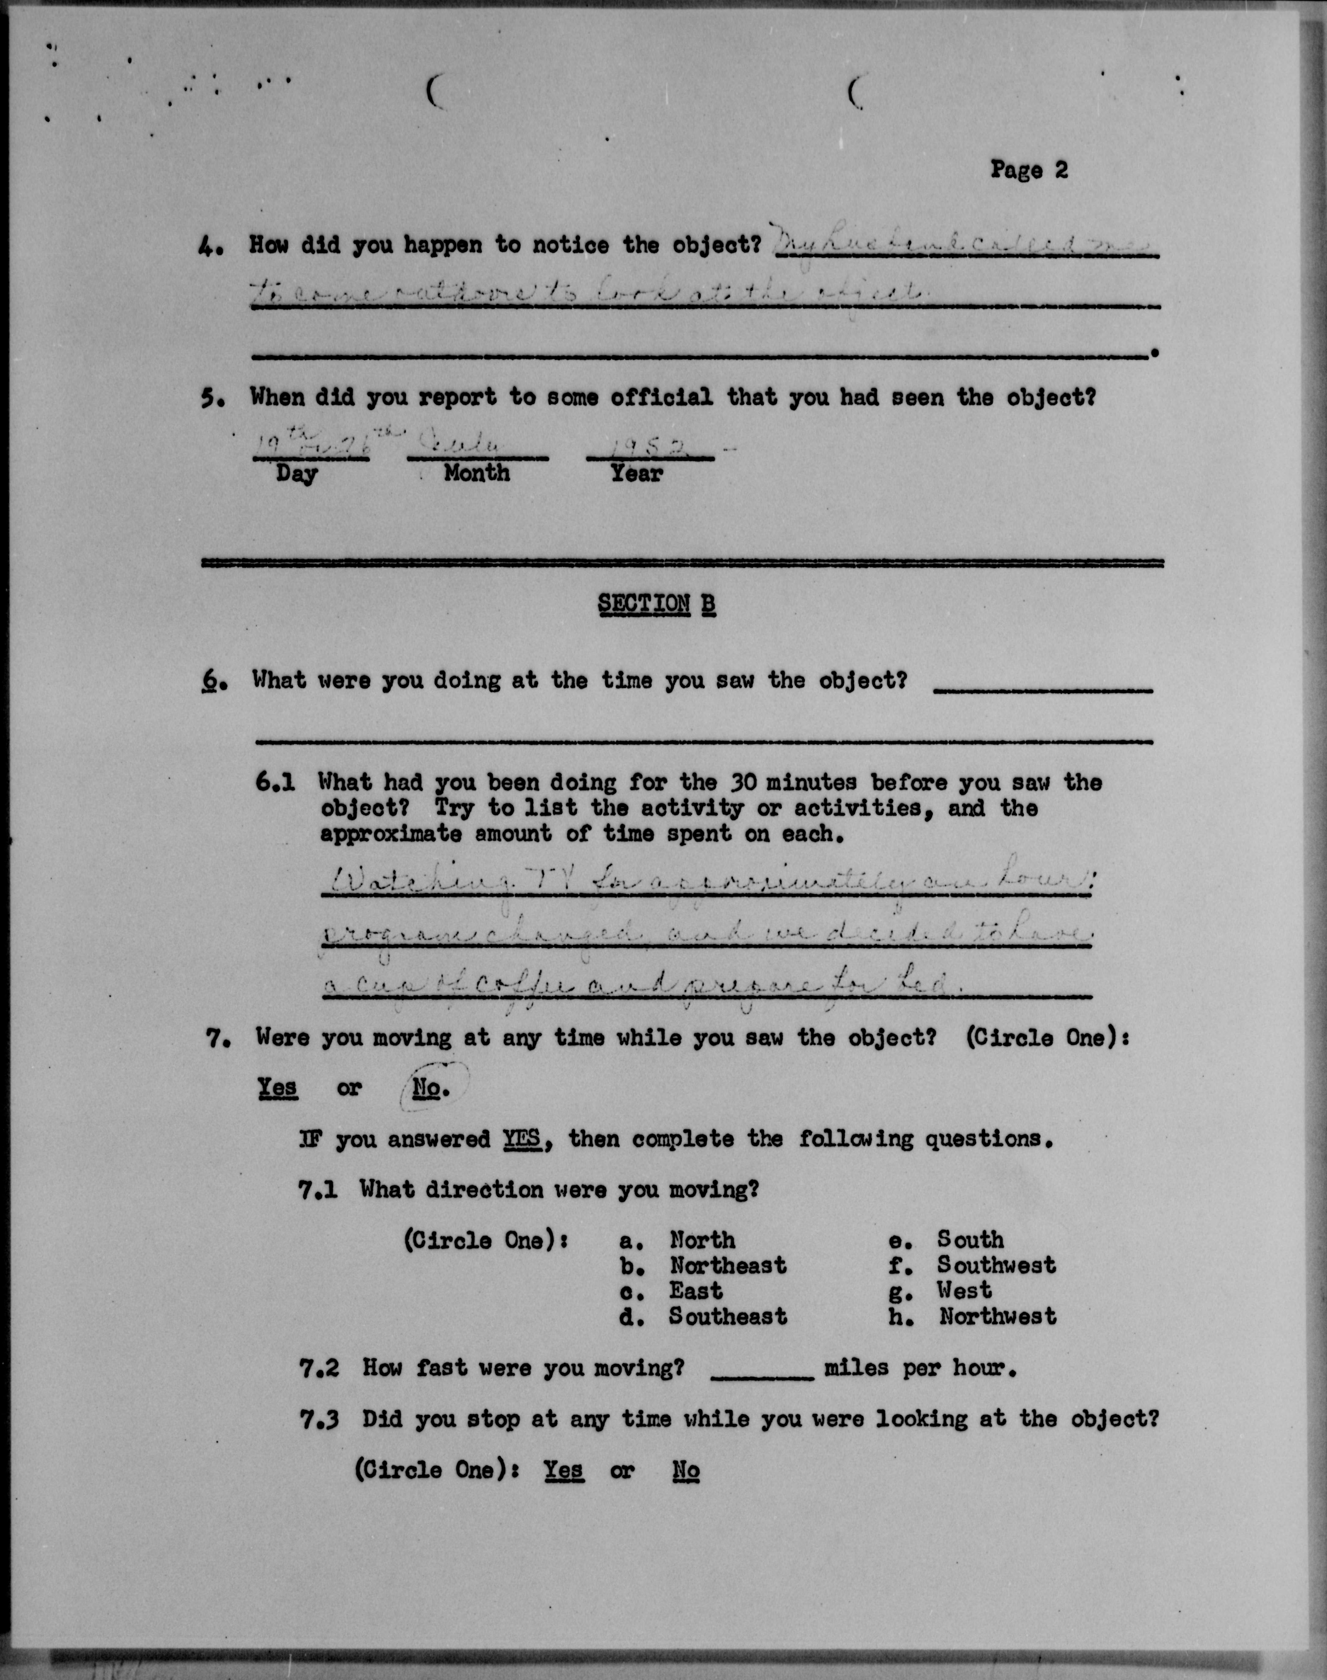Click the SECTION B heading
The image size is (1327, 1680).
click(657, 604)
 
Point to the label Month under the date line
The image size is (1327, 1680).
click(477, 473)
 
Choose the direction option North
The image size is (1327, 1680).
click(702, 1239)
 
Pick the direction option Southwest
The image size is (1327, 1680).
click(996, 1265)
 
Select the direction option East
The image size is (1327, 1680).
click(696, 1291)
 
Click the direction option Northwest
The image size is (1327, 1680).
click(997, 1316)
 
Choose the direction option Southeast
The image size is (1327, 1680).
click(728, 1316)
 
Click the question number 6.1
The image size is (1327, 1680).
click(275, 782)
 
